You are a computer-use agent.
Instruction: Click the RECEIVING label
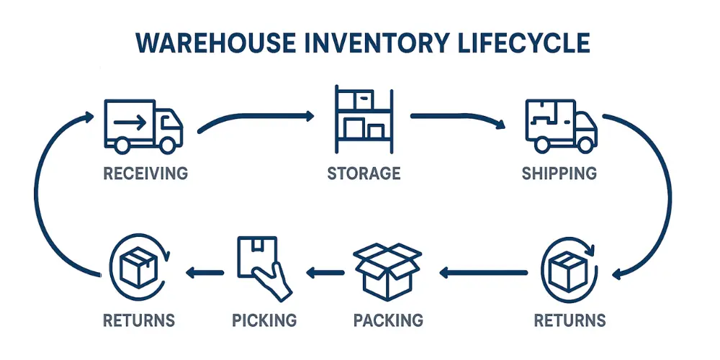pos(145,174)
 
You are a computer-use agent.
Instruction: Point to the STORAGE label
pos(364,174)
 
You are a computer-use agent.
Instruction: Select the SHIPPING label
pos(559,174)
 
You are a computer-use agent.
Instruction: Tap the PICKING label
pos(264,319)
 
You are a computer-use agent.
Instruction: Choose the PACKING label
pos(388,319)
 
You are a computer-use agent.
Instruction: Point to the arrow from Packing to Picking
pos(325,272)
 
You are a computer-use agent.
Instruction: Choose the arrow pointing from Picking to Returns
pos(205,272)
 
